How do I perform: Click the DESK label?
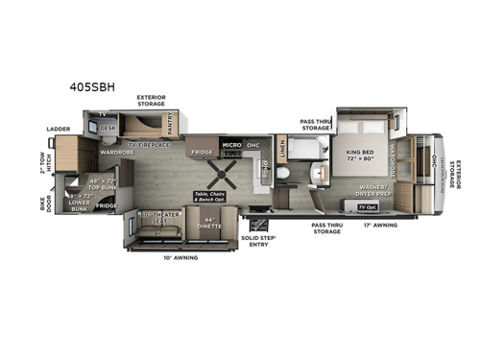[x=108, y=127]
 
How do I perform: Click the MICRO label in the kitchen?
[x=230, y=145]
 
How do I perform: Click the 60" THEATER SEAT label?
[x=156, y=218]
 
